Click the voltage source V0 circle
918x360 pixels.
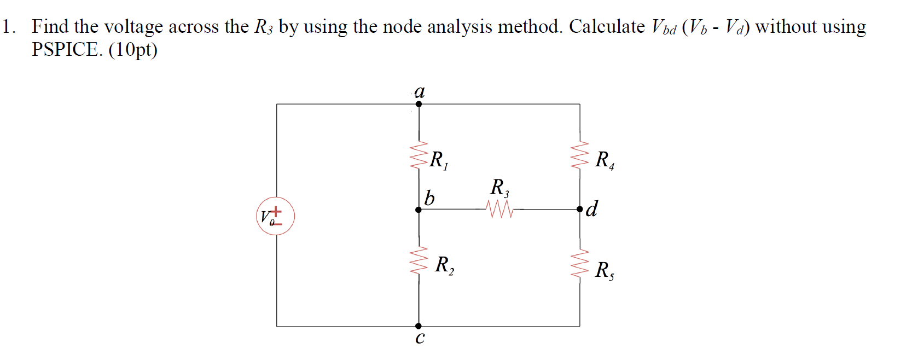[x=275, y=216]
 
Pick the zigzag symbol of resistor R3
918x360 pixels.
[x=499, y=209]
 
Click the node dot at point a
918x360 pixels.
[x=419, y=104]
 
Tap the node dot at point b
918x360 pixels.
[x=419, y=210]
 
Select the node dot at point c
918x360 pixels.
[x=419, y=326]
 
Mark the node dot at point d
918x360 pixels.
[x=580, y=209]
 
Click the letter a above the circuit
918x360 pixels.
[x=420, y=91]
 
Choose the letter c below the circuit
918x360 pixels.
[x=420, y=338]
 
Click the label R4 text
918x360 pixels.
[x=605, y=160]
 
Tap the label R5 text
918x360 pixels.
[x=605, y=270]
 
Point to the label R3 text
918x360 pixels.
[x=499, y=188]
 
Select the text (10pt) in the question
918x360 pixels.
[x=133, y=50]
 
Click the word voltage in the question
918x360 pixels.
[x=133, y=27]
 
